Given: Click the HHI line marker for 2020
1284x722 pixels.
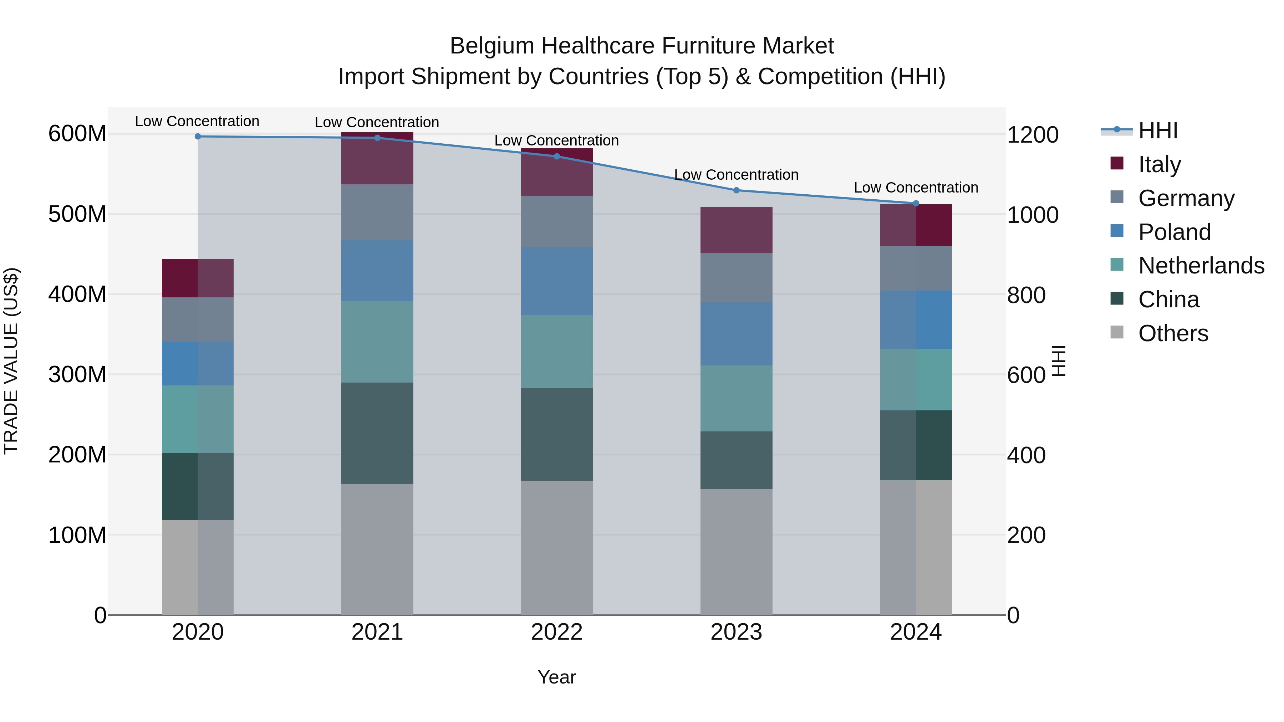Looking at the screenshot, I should coord(198,136).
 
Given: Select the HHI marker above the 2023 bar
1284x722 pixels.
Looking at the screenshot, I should coord(736,190).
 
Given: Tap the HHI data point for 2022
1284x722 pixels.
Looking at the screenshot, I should coord(557,156).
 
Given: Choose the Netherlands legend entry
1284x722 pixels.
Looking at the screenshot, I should coord(1201,266).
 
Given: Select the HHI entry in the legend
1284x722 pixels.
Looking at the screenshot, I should coord(1157,130).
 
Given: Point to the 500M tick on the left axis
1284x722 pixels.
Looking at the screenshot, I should coord(77,214).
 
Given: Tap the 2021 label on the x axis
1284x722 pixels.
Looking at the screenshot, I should coord(377,632).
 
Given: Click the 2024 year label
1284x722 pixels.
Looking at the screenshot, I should coord(916,632).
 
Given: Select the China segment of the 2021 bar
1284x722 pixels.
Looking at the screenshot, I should coord(377,432).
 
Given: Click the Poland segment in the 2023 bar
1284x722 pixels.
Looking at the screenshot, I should coord(736,334).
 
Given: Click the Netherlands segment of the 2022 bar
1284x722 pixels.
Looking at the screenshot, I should coord(557,351).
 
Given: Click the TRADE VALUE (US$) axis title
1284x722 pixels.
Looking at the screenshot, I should coord(11,361).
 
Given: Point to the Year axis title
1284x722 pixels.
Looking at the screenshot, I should coord(557,677).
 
